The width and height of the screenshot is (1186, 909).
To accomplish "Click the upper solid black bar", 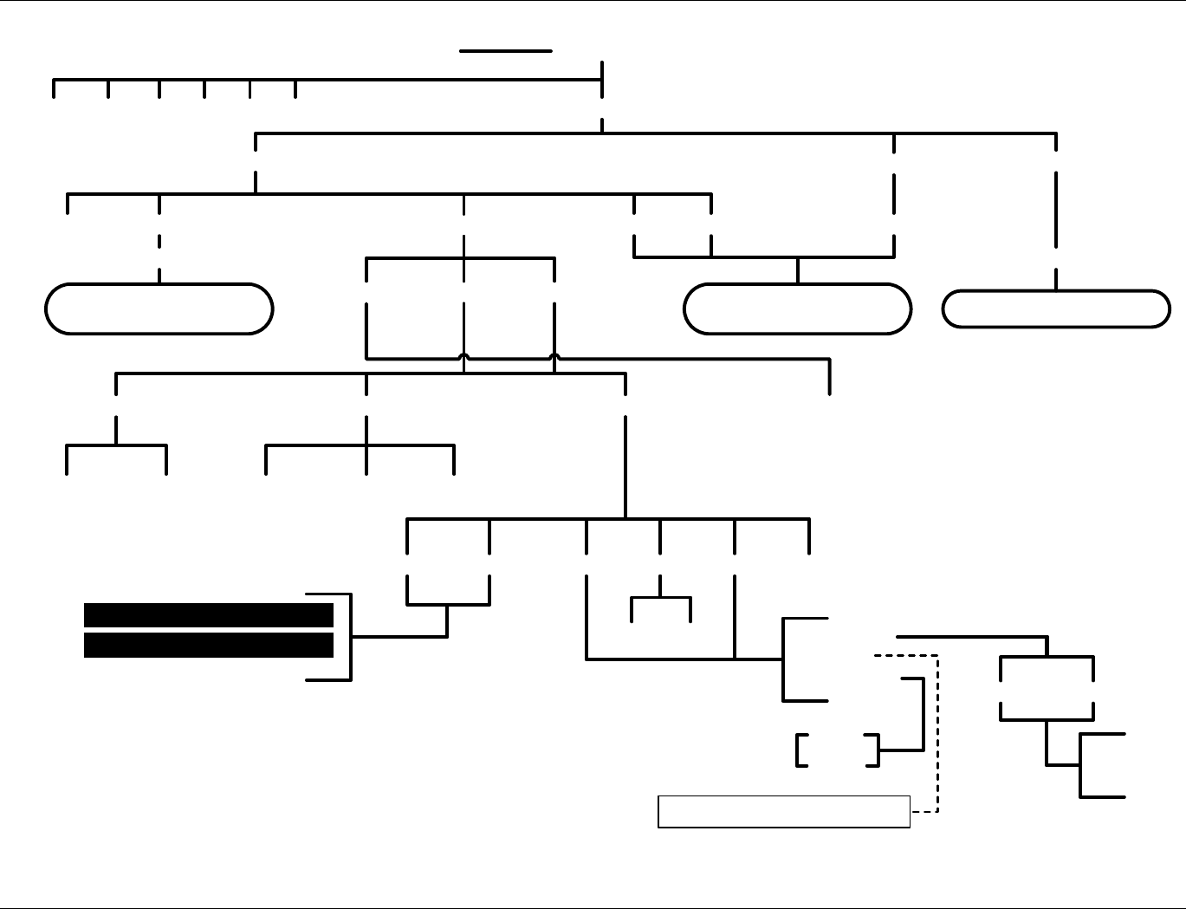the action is pyautogui.click(x=208, y=615).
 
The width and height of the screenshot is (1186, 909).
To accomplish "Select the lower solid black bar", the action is pyautogui.click(x=208, y=646).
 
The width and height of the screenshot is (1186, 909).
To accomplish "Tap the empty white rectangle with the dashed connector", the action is pyautogui.click(x=784, y=811).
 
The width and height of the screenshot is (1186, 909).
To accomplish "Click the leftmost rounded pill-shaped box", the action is pyautogui.click(x=159, y=308).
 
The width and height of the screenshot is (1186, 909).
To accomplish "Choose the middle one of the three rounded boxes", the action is pyautogui.click(x=797, y=308).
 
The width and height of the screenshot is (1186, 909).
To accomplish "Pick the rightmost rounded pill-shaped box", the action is pyautogui.click(x=1056, y=308).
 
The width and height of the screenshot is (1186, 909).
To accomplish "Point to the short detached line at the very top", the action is pyautogui.click(x=506, y=51).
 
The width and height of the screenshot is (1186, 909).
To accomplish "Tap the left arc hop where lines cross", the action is pyautogui.click(x=464, y=356).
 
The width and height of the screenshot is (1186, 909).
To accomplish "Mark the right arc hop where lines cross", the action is pyautogui.click(x=554, y=356).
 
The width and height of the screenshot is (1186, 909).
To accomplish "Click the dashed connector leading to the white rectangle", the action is pyautogui.click(x=937, y=737).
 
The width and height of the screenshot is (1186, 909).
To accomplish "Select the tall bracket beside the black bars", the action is pyautogui.click(x=349, y=637).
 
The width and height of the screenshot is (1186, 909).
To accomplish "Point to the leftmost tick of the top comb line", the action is pyautogui.click(x=54, y=88).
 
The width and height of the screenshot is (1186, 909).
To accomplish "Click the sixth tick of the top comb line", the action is pyautogui.click(x=295, y=88).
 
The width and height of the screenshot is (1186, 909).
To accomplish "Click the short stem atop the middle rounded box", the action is pyautogui.click(x=797, y=270).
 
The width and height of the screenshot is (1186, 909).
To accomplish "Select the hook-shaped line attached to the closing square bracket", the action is pyautogui.click(x=923, y=715).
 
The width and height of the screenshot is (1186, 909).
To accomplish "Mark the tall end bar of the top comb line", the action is pyautogui.click(x=602, y=80).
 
